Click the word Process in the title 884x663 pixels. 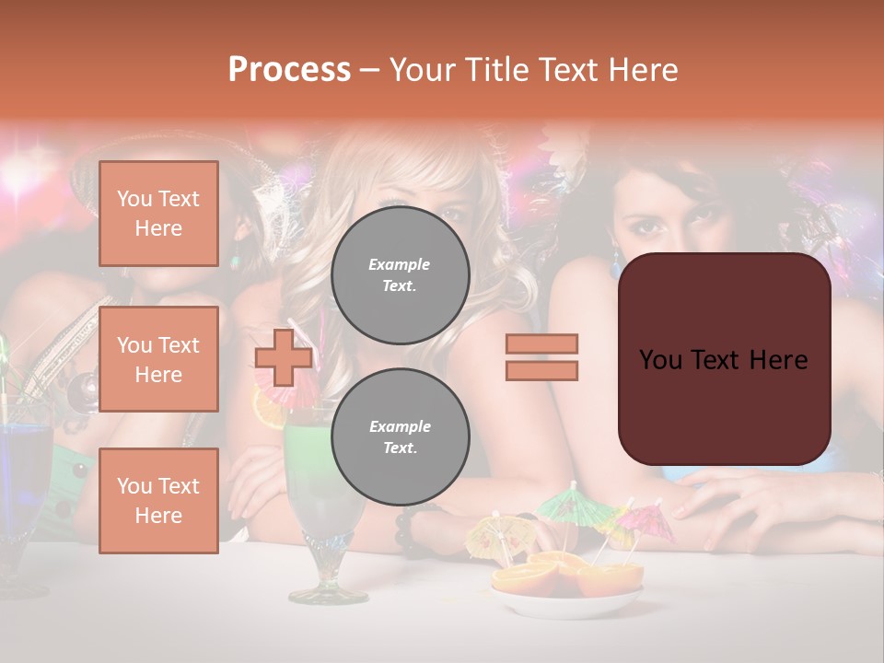(289, 70)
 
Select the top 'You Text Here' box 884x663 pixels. (158, 214)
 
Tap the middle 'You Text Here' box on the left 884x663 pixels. (158, 359)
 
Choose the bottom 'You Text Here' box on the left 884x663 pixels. (158, 500)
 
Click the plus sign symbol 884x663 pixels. (283, 358)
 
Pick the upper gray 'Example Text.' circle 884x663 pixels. (400, 274)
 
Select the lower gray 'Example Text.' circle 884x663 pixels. (400, 436)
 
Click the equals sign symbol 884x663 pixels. (541, 357)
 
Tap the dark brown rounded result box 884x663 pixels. (724, 359)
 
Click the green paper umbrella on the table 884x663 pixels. (563, 504)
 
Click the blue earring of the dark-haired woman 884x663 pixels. (615, 268)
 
